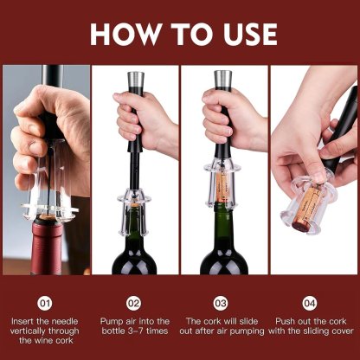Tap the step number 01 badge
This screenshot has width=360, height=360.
point(46,304)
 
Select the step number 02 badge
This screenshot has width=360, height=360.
point(133,304)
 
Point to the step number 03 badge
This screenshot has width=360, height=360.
point(222,304)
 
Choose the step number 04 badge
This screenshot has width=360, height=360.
point(311,304)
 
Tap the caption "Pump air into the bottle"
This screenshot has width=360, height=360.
point(133,325)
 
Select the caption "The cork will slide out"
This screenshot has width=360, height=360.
point(222,325)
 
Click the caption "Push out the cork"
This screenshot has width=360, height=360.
point(311,325)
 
